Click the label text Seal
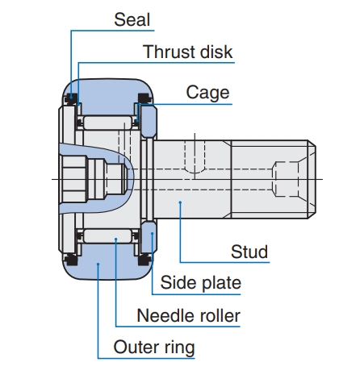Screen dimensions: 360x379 click(x=132, y=20)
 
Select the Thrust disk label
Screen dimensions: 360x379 click(x=187, y=52)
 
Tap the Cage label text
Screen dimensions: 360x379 click(x=207, y=93)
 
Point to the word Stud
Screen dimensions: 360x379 click(x=249, y=252)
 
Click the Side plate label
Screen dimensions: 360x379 click(x=201, y=283)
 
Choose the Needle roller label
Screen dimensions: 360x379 click(x=188, y=315)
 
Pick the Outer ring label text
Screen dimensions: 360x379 click(x=154, y=348)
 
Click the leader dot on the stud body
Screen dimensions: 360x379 click(x=180, y=202)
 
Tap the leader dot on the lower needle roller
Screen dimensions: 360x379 click(x=115, y=239)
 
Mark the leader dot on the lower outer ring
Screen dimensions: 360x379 click(x=98, y=264)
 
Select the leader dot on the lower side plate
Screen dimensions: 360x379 click(x=152, y=234)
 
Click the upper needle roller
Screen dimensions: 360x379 click(x=107, y=123)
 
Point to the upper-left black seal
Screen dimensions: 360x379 click(x=71, y=99)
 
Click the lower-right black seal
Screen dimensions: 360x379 click(x=144, y=260)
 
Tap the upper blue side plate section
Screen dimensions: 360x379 click(x=149, y=122)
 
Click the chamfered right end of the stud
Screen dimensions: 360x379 click(x=312, y=179)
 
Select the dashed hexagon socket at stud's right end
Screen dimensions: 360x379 click(x=286, y=179)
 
